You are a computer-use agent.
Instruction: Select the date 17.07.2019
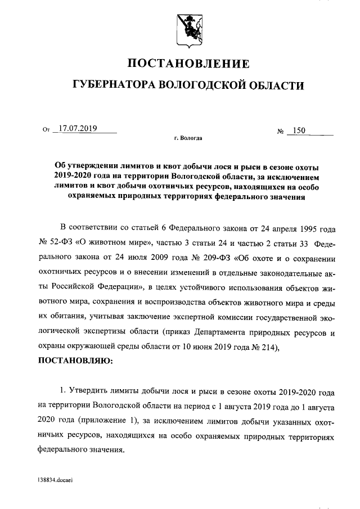[x=78, y=128]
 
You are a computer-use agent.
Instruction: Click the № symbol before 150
[x=280, y=132]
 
